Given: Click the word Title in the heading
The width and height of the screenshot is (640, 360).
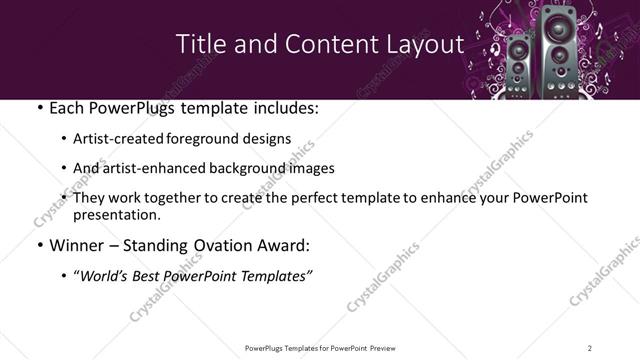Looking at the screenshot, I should click(198, 45).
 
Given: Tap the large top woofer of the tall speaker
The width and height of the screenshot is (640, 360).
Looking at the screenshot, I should click(556, 27).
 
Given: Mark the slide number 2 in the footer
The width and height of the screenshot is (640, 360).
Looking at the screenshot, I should click(589, 348).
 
